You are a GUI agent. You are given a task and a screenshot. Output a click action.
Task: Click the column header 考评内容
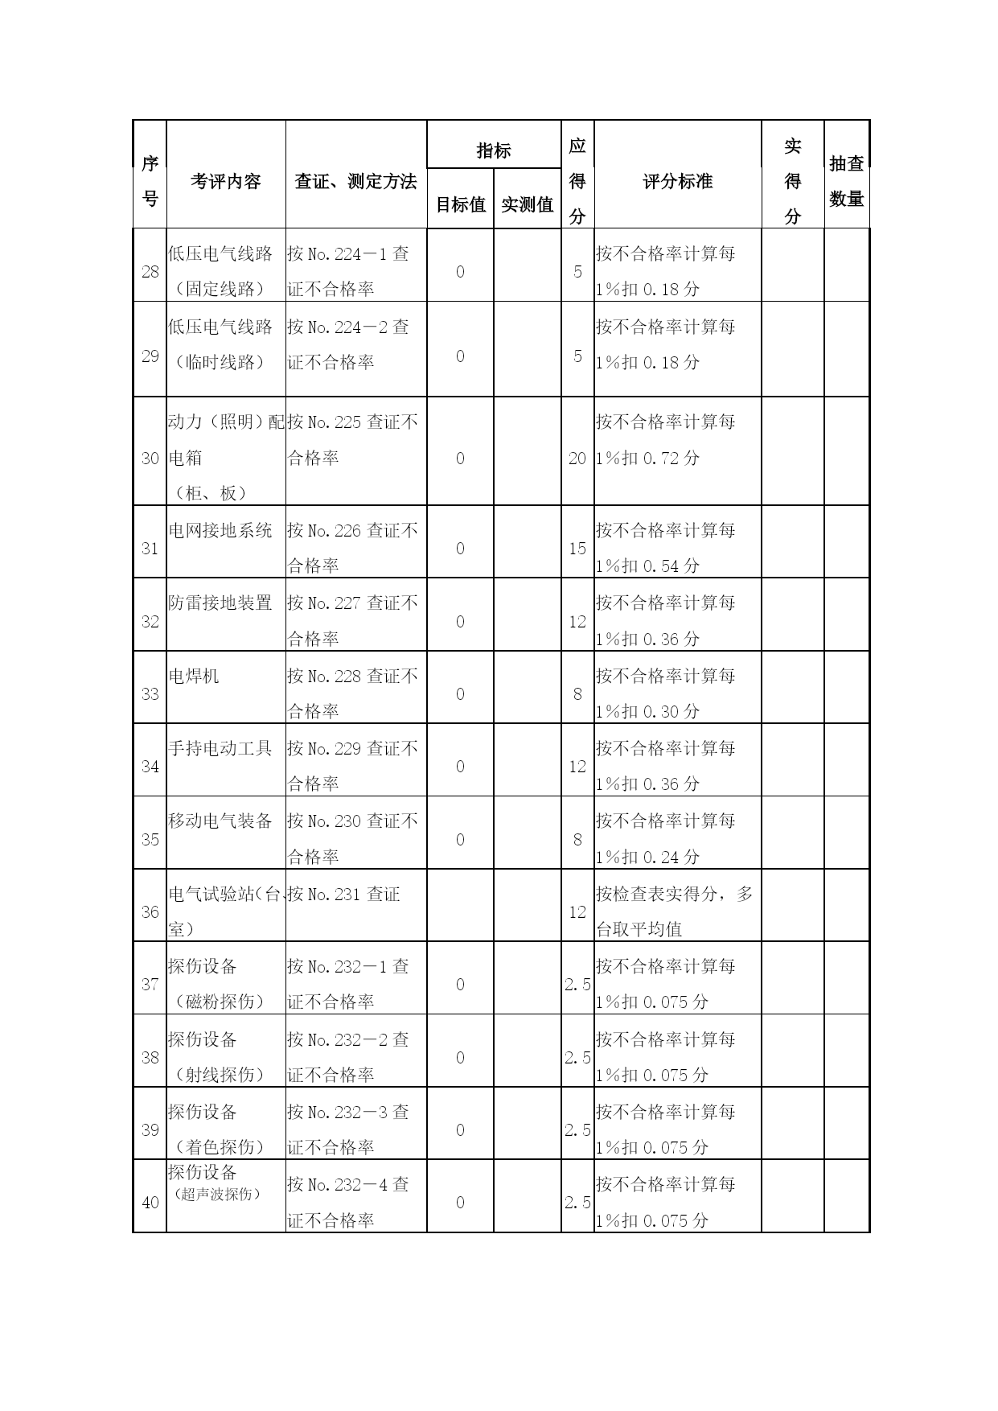(225, 181)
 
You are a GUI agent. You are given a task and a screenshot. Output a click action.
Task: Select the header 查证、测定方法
(355, 181)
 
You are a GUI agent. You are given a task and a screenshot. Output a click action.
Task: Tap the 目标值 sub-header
(460, 204)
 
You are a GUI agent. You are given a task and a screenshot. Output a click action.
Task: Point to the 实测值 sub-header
(527, 204)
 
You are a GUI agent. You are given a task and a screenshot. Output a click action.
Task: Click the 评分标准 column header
(677, 181)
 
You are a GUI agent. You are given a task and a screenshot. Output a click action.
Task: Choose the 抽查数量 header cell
(846, 181)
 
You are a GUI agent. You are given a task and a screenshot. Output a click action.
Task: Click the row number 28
(150, 272)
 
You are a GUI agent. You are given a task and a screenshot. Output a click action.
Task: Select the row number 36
(150, 912)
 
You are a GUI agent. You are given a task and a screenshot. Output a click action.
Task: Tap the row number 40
(150, 1203)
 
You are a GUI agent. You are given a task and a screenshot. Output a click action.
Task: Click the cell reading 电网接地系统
(220, 531)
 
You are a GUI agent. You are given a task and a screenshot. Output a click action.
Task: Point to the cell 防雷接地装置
(220, 603)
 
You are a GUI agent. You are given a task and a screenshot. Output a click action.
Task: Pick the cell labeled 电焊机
(193, 676)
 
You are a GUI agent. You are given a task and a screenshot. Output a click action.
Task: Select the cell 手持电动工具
(220, 748)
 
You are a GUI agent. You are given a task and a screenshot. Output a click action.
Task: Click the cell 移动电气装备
(220, 821)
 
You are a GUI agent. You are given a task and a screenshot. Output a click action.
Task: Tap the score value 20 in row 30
(577, 459)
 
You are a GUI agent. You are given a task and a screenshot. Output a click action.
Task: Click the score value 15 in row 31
(577, 549)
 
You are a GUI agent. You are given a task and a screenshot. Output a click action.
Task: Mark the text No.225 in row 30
(335, 422)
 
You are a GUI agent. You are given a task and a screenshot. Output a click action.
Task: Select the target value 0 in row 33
(460, 694)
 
